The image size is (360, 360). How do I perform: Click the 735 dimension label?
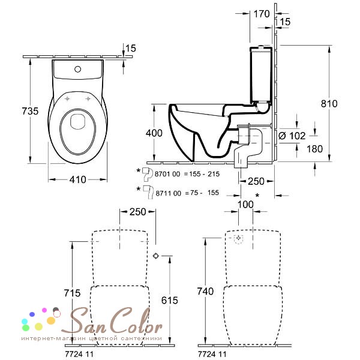click(30, 111)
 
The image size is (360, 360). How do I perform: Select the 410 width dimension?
click(78, 179)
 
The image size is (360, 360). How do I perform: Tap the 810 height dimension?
click(329, 104)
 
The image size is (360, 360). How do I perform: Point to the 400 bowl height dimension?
click(154, 133)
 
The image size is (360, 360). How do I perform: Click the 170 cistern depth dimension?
click(262, 14)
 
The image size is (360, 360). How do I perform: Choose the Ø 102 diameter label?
click(292, 136)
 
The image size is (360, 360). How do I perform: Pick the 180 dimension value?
click(314, 149)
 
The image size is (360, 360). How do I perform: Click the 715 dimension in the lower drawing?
click(72, 293)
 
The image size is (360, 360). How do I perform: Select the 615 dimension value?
click(170, 301)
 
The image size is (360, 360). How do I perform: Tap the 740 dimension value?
click(205, 292)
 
